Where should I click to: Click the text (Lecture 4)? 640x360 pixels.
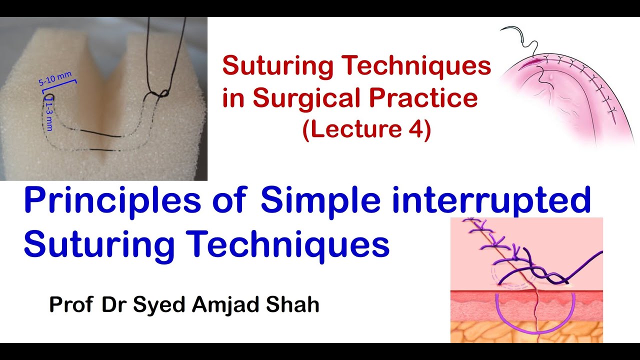(366, 130)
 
